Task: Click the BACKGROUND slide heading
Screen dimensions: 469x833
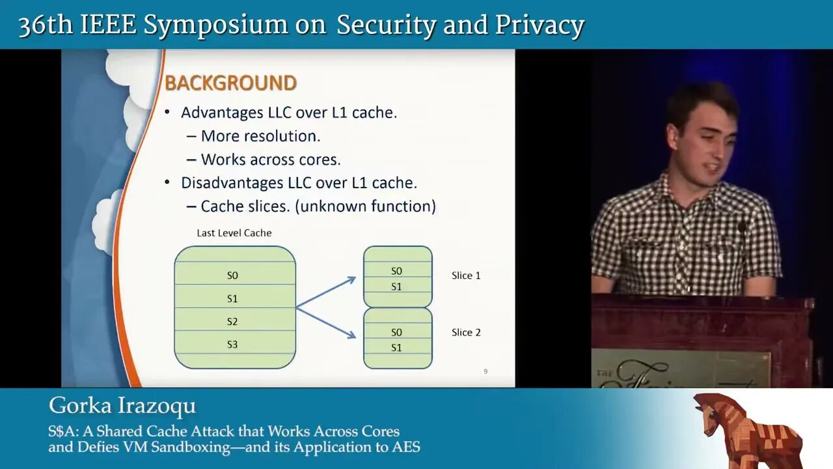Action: click(230, 83)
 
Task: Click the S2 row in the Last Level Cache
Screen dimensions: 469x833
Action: click(232, 322)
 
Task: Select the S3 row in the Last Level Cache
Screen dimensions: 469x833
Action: click(232, 345)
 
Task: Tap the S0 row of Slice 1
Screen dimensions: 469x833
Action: click(396, 271)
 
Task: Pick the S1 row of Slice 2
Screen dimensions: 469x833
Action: click(396, 348)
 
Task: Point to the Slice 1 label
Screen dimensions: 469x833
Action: click(466, 276)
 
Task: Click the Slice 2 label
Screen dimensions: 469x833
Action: click(466, 332)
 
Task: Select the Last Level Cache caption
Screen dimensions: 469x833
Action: click(234, 233)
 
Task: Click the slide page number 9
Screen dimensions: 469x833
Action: click(485, 371)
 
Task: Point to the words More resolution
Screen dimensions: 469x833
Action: click(260, 136)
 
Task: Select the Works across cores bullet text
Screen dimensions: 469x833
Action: click(271, 160)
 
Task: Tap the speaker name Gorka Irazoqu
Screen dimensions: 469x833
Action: click(122, 406)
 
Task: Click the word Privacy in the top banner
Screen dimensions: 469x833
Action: click(539, 25)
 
